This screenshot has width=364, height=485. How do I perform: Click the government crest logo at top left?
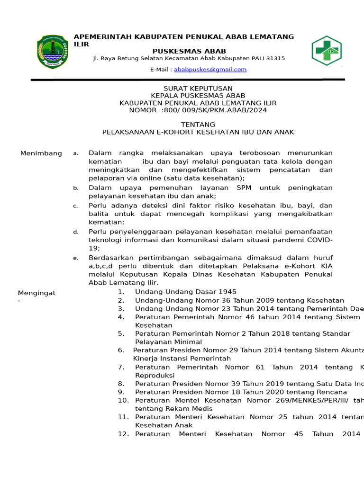53,51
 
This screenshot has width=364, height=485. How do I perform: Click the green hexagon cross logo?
326,50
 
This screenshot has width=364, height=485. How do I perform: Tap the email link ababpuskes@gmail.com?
210,69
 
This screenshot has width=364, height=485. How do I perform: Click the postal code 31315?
276,58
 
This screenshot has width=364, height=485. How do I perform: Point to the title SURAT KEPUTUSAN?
198,89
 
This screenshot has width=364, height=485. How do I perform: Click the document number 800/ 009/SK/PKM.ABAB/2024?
214,110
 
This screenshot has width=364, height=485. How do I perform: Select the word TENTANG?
198,125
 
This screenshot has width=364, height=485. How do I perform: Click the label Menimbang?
41,153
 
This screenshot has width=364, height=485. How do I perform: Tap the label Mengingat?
37,293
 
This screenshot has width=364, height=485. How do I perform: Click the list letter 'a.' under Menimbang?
75,153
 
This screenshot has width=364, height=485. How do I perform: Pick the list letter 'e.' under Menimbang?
75,258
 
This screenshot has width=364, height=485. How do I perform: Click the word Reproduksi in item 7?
155,375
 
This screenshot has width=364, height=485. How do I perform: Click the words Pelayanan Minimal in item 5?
169,342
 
